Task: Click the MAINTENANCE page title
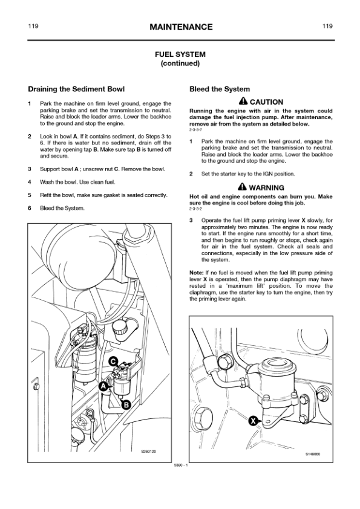click(x=181, y=27)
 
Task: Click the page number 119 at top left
click(x=33, y=26)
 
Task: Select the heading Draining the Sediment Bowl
click(x=76, y=89)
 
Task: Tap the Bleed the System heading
click(x=220, y=89)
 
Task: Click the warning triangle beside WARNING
click(x=243, y=186)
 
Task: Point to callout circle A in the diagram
click(x=103, y=386)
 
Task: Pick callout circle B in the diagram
click(x=125, y=404)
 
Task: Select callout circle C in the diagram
click(x=113, y=361)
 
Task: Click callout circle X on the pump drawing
click(x=253, y=421)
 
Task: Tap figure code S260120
click(x=148, y=451)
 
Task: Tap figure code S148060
click(x=313, y=454)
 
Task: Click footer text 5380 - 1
click(x=181, y=465)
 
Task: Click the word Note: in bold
click(x=197, y=273)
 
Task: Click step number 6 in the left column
click(x=30, y=208)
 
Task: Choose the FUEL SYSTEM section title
click(x=180, y=54)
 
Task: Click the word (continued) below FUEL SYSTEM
click(x=180, y=63)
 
